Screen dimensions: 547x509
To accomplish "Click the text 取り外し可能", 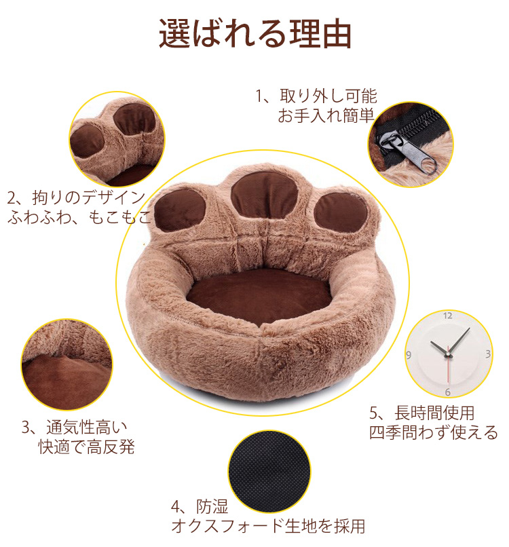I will (324, 96).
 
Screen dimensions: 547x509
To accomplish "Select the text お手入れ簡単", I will (325, 115).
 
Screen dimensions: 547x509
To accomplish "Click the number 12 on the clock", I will (448, 316).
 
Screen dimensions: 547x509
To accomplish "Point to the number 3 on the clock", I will (487, 354).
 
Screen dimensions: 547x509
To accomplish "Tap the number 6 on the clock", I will (448, 392).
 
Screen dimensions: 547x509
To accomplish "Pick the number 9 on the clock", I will (409, 354).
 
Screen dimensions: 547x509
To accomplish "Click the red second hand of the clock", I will (447, 370).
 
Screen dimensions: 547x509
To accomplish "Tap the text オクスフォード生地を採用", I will (268, 526).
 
